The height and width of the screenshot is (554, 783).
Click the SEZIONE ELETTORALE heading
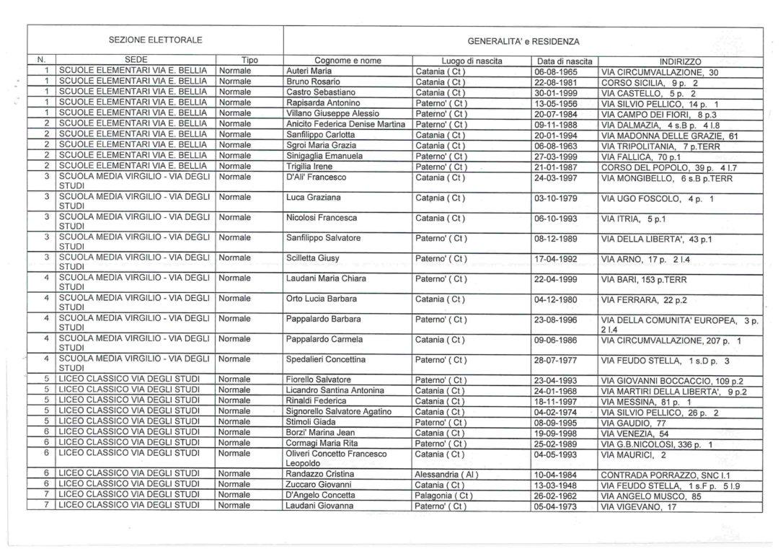coord(155,40)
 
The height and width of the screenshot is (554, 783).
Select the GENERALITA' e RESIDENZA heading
coord(523,41)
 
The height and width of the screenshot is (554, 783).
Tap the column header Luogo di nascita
coord(472,61)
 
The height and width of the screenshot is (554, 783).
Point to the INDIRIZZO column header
coord(679,62)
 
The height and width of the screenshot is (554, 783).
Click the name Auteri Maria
coord(309,72)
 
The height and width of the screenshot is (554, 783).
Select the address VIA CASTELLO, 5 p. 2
coord(648,93)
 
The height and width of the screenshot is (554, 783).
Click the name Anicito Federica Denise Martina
coord(346,124)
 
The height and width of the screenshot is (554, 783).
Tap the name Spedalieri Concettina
coord(326,359)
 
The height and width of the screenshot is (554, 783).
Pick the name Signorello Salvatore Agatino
coord(339,411)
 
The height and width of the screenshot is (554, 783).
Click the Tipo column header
coord(249,61)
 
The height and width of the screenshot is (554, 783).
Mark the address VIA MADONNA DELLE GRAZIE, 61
coord(670,135)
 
